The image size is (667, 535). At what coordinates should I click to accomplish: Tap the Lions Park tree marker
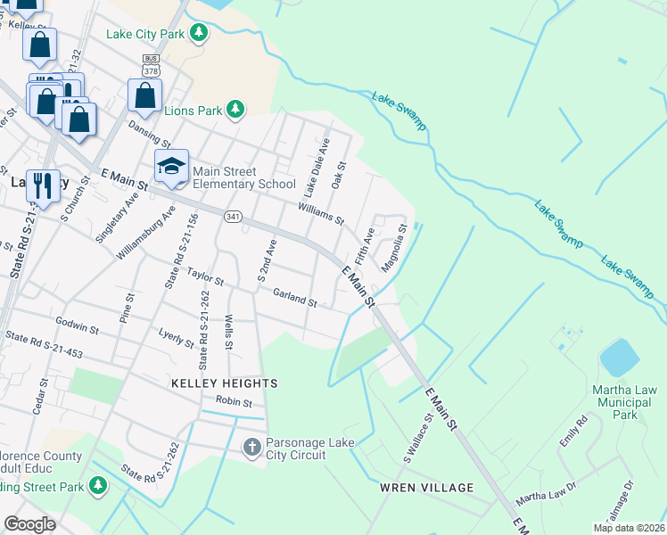pos(235,111)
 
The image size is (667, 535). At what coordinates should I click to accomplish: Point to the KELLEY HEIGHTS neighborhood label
pos(225,383)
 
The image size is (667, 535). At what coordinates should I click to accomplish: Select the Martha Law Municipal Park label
pos(625,402)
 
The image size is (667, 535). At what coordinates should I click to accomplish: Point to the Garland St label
pos(294,298)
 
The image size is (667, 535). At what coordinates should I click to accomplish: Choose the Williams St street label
pos(321,213)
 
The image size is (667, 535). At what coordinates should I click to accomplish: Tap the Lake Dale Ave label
pos(315,167)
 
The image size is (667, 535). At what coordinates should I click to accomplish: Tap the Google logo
pos(29,524)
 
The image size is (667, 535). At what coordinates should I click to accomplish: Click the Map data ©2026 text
pos(629,528)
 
